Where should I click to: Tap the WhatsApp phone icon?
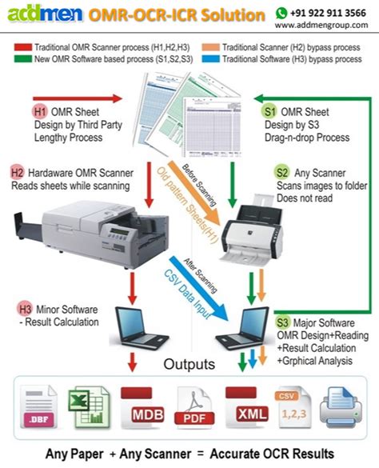[282, 13]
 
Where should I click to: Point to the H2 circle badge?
[17, 173]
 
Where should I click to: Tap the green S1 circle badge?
[269, 113]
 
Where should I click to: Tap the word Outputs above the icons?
[189, 365]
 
